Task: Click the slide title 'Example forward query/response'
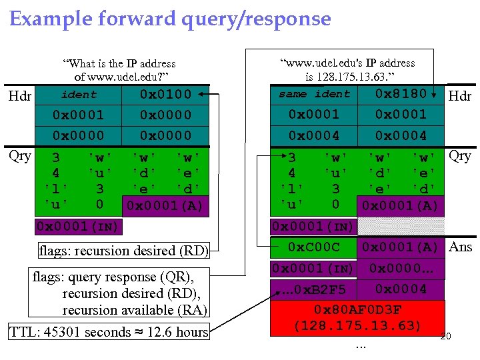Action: point(170,18)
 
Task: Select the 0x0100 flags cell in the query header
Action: point(165,94)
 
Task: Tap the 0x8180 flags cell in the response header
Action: point(401,94)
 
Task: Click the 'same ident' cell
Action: point(314,94)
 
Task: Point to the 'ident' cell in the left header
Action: point(79,95)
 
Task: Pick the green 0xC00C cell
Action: point(313,247)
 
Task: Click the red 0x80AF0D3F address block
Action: point(357,317)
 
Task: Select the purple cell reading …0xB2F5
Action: point(313,289)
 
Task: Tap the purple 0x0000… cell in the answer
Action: point(401,269)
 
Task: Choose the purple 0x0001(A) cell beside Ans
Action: point(401,247)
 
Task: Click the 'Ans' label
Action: point(460,247)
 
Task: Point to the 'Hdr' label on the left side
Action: point(21,97)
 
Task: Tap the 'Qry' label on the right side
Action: point(460,156)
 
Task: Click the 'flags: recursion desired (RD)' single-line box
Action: point(123,251)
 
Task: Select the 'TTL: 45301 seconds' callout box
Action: point(109,331)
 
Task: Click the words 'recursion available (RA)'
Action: point(135,309)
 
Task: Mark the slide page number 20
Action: point(446,337)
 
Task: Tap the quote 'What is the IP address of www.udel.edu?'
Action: point(119,69)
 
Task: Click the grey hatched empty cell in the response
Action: point(401,226)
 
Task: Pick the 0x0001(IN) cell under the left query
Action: point(78,226)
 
